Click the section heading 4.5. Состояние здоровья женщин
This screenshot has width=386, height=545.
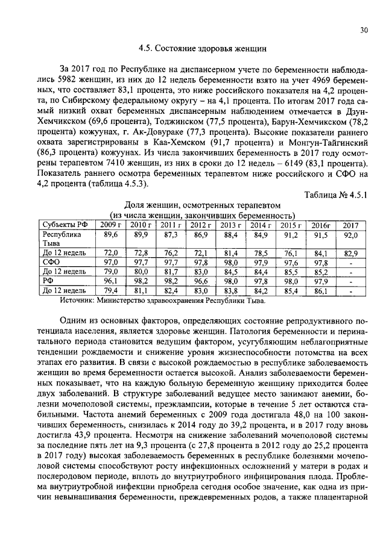point(200,48)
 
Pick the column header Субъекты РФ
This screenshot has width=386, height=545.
point(65,225)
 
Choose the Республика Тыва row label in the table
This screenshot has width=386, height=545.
point(57,238)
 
